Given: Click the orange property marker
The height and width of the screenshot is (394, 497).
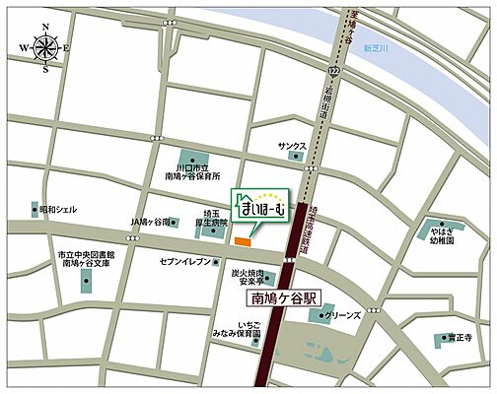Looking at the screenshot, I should [x=244, y=240].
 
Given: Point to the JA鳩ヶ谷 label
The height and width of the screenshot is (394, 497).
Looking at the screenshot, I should [x=150, y=223].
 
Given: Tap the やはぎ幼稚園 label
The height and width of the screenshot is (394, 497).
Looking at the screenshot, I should [x=441, y=234].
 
